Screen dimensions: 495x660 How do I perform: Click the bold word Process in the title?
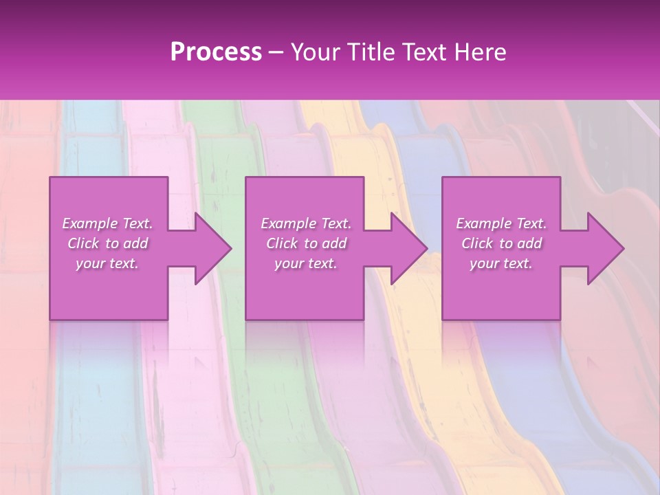click(216, 52)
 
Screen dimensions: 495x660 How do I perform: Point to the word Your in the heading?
click(313, 52)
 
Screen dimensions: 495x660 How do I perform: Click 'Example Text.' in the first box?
click(107, 223)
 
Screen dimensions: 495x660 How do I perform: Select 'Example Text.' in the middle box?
click(306, 223)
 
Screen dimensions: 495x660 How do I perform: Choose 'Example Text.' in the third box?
click(501, 223)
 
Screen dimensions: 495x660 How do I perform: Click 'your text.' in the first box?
click(107, 263)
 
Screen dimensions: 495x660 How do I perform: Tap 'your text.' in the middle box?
click(306, 263)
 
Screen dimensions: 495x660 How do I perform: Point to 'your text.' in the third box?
click(501, 263)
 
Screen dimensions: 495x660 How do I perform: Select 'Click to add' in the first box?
click(107, 243)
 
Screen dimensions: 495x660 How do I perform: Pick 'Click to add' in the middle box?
click(306, 243)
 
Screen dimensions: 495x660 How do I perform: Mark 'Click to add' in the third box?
click(501, 243)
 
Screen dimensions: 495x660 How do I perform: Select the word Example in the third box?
click(482, 223)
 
